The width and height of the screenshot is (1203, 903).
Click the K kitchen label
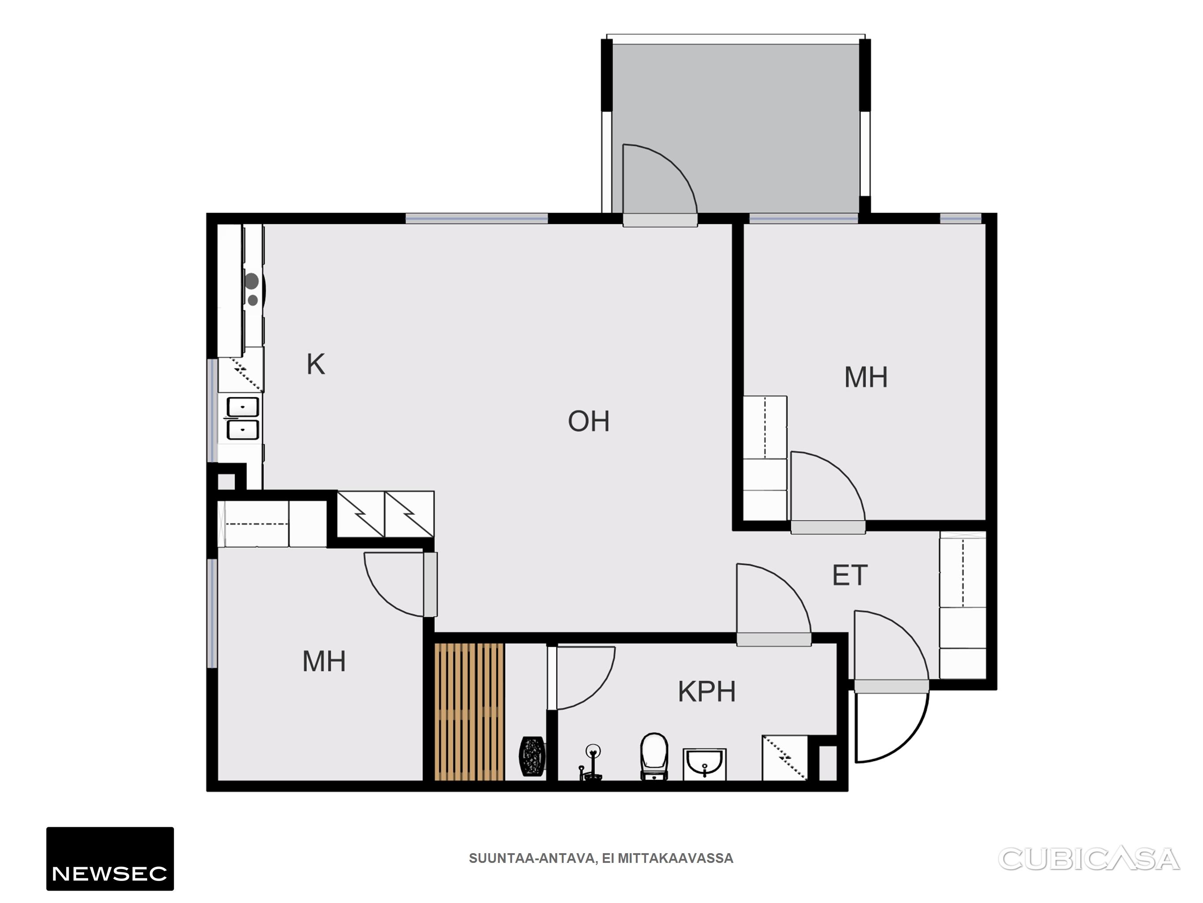click(316, 364)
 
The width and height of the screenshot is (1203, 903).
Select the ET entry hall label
click(850, 575)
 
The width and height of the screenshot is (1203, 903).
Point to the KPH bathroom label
click(706, 691)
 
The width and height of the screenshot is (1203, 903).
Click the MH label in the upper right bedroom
click(866, 377)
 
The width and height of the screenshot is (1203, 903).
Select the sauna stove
click(532, 756)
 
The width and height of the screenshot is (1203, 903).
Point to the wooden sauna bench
click(469, 712)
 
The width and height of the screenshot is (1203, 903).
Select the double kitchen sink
click(242, 418)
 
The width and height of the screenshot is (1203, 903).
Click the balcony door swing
click(660, 179)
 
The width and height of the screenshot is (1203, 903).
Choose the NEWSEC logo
click(110, 858)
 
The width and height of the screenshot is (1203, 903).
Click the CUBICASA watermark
click(1089, 858)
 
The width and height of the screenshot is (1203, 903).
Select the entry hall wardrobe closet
click(962, 605)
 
